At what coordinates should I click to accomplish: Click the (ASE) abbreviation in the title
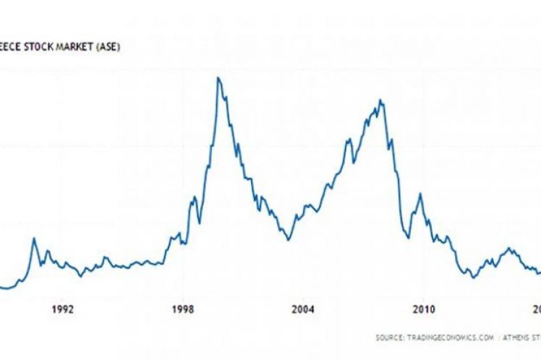click(x=128, y=48)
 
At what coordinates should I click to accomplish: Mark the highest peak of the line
click(x=218, y=77)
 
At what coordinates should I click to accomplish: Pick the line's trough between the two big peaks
click(x=289, y=240)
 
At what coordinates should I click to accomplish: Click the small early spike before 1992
click(x=33, y=238)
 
